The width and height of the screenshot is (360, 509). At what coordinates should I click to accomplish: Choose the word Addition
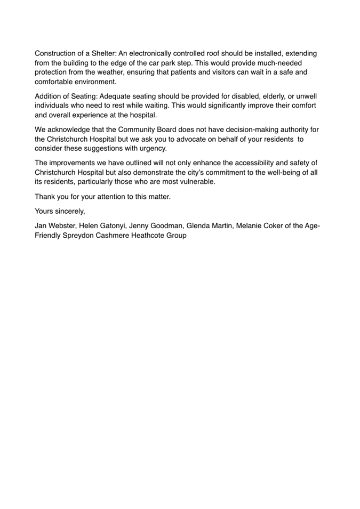(x=50, y=96)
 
